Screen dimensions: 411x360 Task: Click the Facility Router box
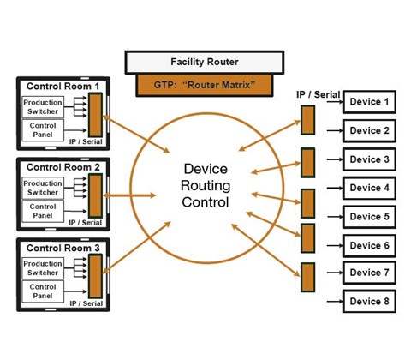pyautogui.click(x=205, y=63)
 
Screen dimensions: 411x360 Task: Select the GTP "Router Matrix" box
pyautogui.click(x=205, y=85)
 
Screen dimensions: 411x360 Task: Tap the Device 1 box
pyautogui.click(x=369, y=102)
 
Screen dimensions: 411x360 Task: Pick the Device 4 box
pyautogui.click(x=369, y=188)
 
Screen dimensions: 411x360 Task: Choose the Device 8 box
pyautogui.click(x=369, y=302)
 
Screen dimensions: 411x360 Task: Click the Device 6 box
pyautogui.click(x=369, y=246)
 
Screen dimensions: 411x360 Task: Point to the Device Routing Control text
pyautogui.click(x=205, y=185)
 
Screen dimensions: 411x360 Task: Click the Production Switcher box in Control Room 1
pyautogui.click(x=43, y=107)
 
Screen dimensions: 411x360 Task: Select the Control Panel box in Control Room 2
pyautogui.click(x=43, y=211)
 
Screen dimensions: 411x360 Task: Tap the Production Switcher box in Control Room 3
pyautogui.click(x=43, y=268)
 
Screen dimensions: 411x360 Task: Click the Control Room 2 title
pyautogui.click(x=63, y=167)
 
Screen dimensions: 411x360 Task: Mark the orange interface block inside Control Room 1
pyautogui.click(x=95, y=115)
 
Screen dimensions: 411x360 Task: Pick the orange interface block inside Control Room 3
pyautogui.click(x=95, y=276)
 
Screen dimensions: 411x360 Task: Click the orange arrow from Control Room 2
pyautogui.click(x=129, y=195)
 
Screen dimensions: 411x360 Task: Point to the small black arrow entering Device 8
pyautogui.click(x=335, y=302)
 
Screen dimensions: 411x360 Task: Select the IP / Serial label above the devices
pyautogui.click(x=319, y=94)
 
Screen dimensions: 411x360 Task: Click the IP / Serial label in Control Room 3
pyautogui.click(x=86, y=303)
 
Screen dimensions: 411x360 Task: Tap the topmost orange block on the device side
pyautogui.click(x=307, y=120)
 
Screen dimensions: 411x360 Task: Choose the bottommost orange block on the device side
pyautogui.click(x=307, y=278)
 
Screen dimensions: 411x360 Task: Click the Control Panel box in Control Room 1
pyautogui.click(x=43, y=130)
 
